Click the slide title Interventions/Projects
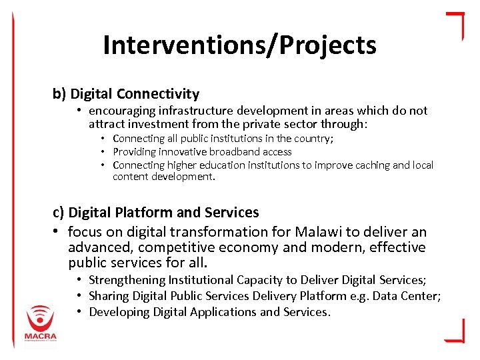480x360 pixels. pos(239,45)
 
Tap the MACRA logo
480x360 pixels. pos(41,323)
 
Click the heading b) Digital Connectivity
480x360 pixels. pos(126,94)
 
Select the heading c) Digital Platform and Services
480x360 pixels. pos(156,213)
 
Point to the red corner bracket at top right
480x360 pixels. pos(455,24)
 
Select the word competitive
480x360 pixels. pos(177,247)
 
